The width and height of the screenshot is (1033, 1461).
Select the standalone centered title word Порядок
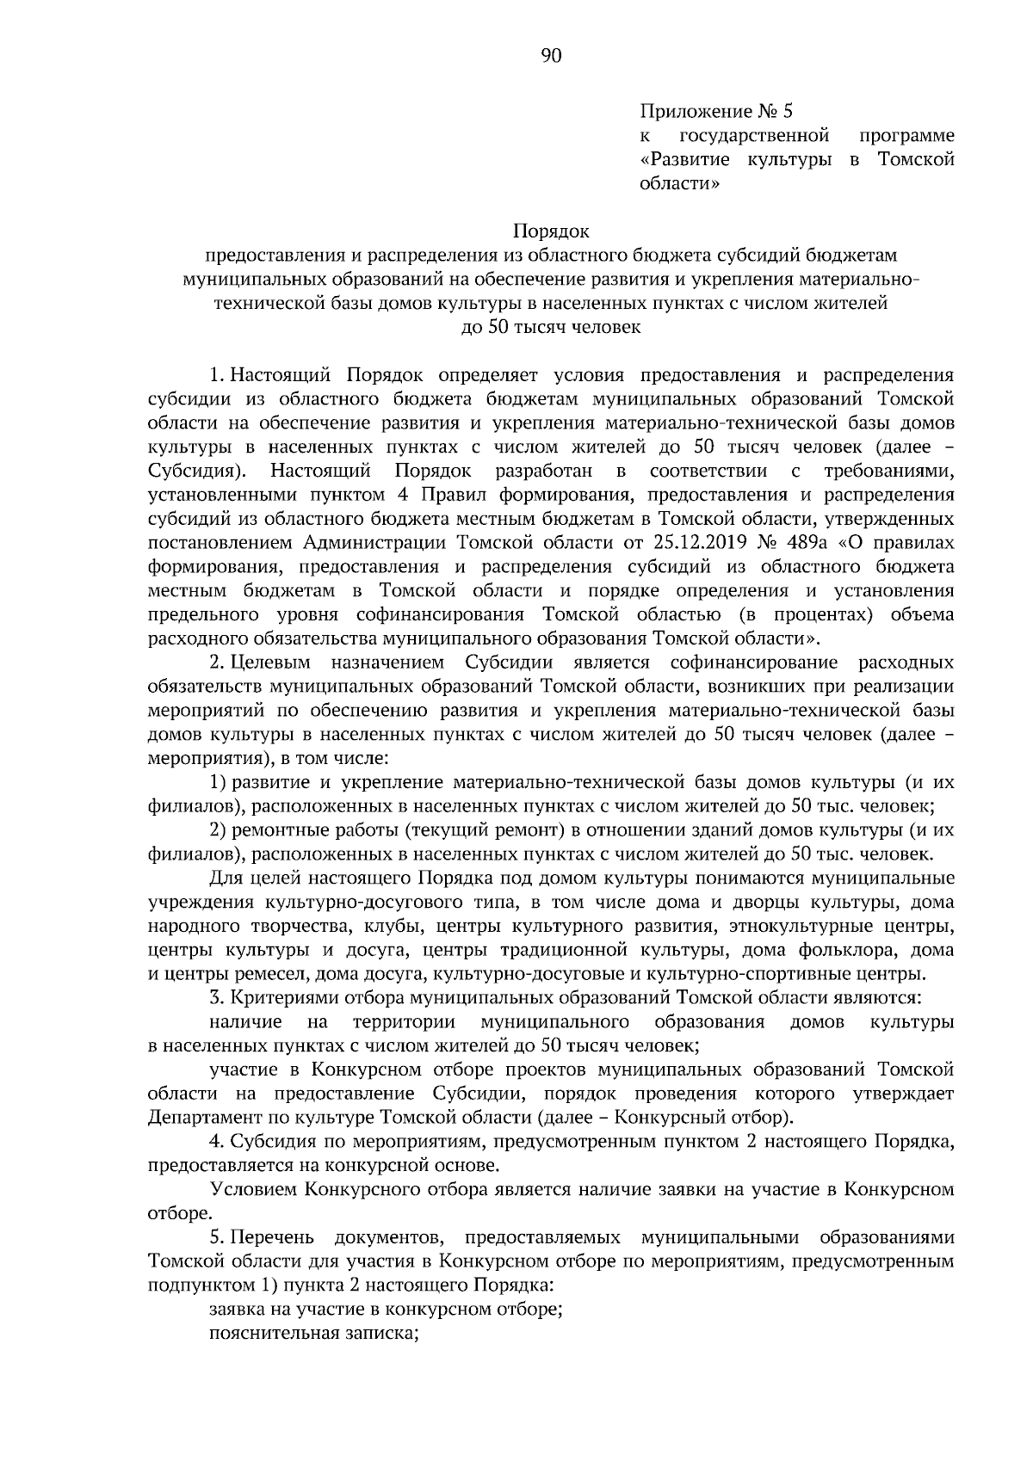click(551, 231)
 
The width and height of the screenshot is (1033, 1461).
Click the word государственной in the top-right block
click(754, 135)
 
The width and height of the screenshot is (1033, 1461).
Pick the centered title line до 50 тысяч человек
click(551, 327)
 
